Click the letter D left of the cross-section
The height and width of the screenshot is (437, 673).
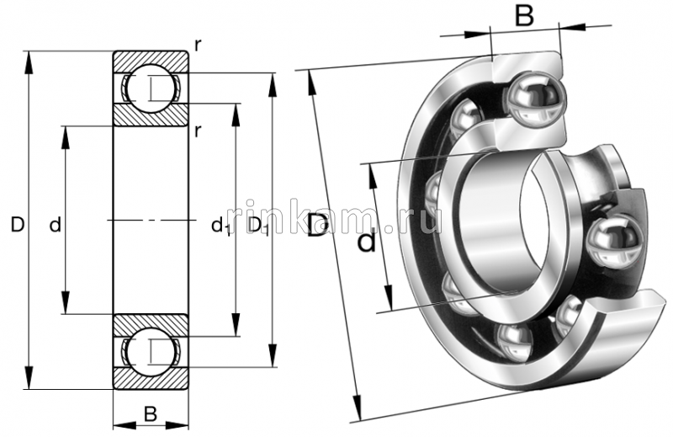click(x=17, y=225)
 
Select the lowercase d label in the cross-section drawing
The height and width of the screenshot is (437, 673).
click(x=55, y=225)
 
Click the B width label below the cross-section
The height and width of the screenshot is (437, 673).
click(x=150, y=413)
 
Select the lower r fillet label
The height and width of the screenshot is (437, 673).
click(x=197, y=130)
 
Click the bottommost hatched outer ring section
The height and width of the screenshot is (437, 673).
click(x=151, y=381)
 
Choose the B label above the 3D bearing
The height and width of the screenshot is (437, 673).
click(x=524, y=16)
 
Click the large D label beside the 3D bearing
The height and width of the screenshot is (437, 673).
click(x=317, y=226)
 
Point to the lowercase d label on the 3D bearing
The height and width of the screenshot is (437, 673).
click(x=367, y=242)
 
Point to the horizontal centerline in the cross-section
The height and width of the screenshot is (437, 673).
click(x=151, y=221)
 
